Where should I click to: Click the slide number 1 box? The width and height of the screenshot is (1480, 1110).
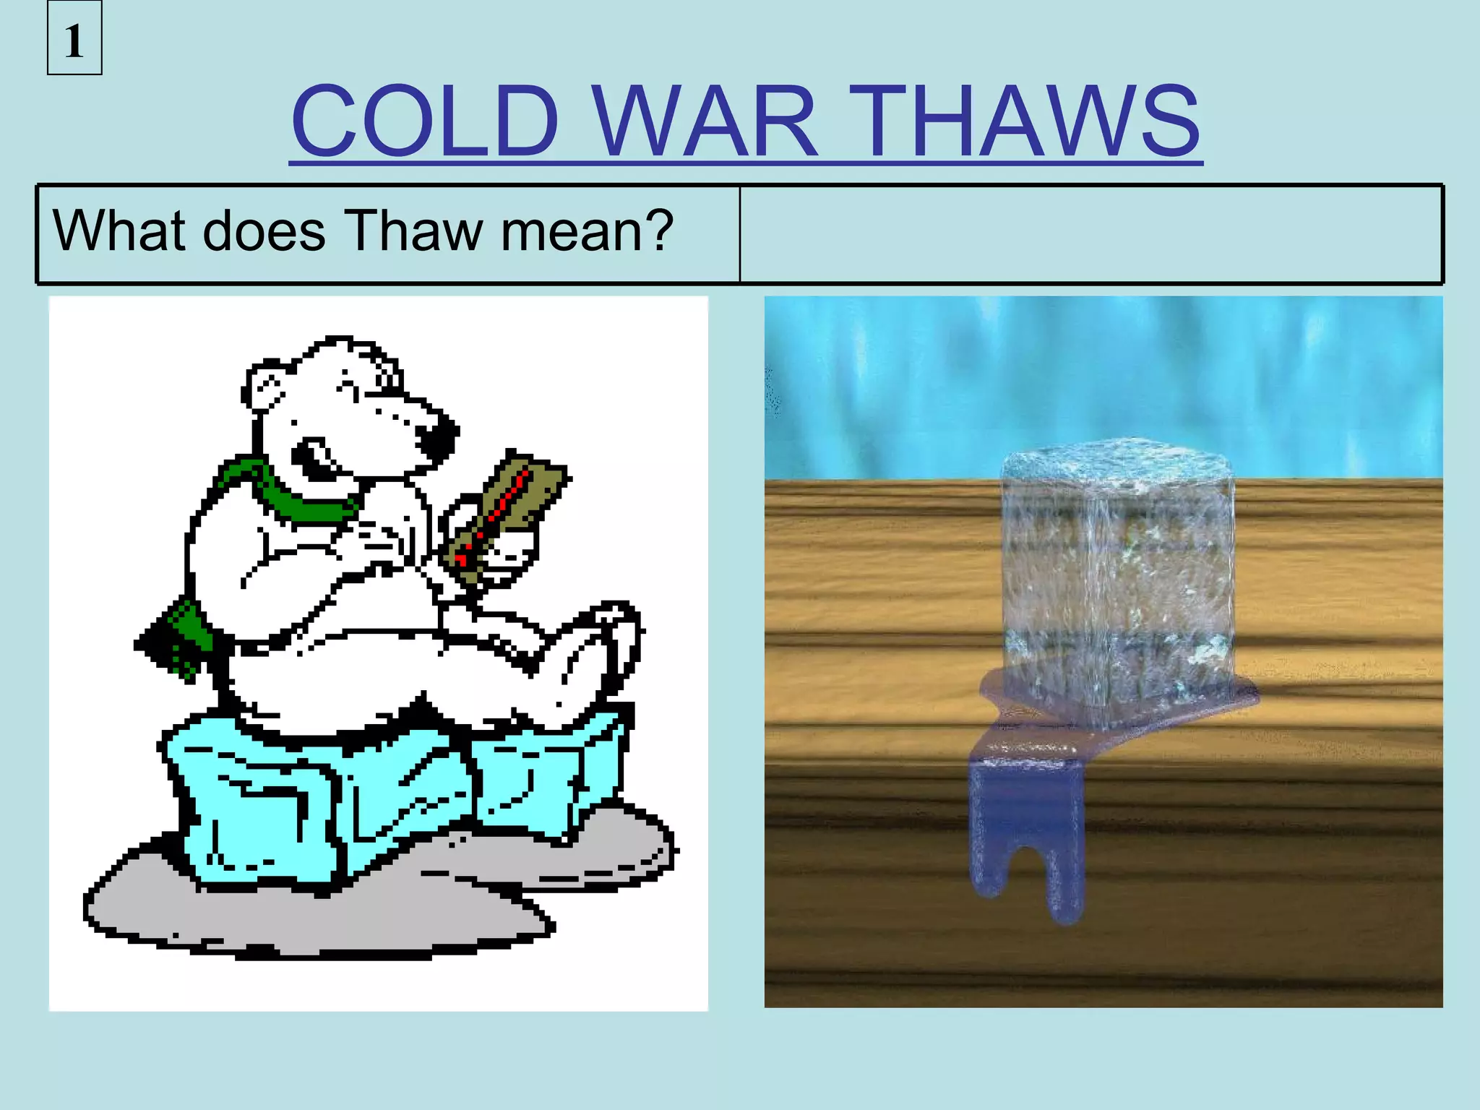74,39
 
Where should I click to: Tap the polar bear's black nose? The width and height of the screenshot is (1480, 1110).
436,436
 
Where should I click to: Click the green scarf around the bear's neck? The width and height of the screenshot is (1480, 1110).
289,491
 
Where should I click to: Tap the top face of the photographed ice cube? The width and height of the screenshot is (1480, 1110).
1117,462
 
